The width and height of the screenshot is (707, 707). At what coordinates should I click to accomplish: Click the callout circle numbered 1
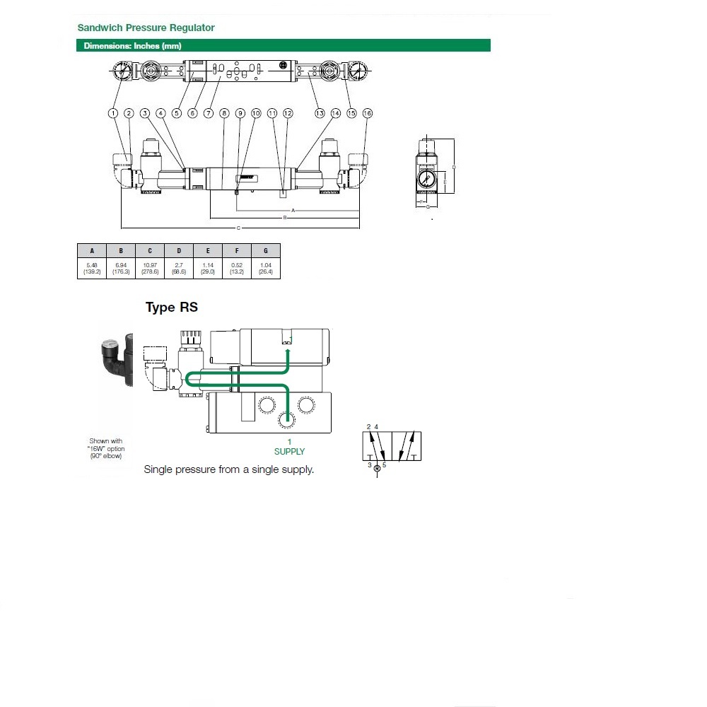click(x=112, y=113)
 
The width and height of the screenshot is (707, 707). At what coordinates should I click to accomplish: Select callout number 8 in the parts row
click(x=224, y=113)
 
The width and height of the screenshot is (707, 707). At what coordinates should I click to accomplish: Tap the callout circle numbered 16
click(x=367, y=113)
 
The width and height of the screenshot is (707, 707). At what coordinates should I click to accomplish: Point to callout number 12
click(x=287, y=113)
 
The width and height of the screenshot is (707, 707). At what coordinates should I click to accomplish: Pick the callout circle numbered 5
click(x=177, y=113)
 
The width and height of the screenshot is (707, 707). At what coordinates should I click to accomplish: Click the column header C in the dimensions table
click(x=149, y=250)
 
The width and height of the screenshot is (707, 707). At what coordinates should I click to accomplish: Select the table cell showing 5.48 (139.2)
click(x=91, y=267)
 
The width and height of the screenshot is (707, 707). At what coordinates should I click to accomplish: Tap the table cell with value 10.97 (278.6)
click(x=149, y=267)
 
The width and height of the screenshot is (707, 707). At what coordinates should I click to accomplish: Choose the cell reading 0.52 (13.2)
click(x=237, y=267)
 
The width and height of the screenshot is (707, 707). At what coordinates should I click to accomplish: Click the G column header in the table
click(x=266, y=250)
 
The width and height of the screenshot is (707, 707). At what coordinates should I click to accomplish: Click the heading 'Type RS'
click(x=172, y=307)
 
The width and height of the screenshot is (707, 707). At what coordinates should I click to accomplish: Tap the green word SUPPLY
click(x=289, y=451)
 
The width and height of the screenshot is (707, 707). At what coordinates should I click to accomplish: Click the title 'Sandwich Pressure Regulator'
click(x=146, y=28)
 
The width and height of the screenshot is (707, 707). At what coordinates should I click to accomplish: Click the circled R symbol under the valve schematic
click(x=377, y=468)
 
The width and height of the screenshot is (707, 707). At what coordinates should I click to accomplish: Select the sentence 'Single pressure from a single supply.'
click(x=228, y=469)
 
